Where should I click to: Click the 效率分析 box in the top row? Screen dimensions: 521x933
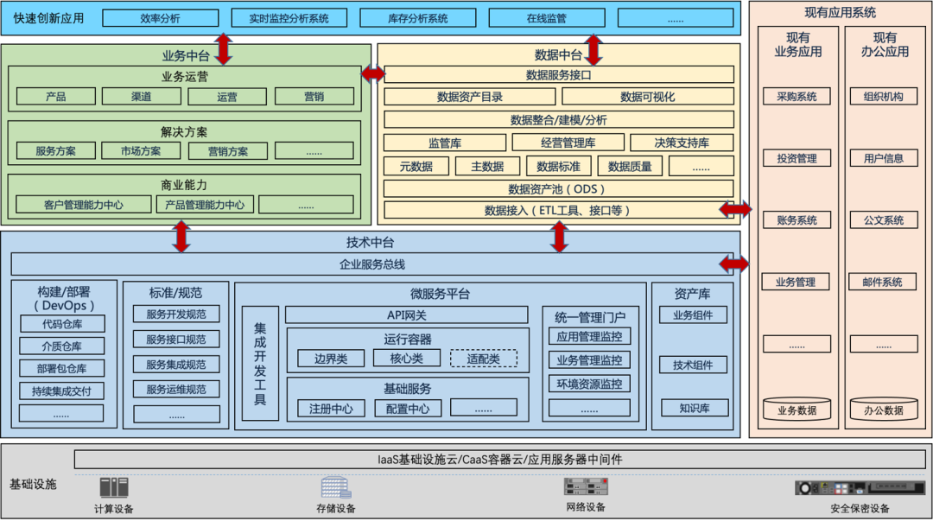(160, 18)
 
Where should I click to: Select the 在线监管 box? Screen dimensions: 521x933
(546, 18)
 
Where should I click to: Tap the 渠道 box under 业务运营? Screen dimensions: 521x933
(142, 97)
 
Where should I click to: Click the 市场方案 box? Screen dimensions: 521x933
(142, 151)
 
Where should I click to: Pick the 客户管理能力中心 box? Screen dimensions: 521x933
(84, 205)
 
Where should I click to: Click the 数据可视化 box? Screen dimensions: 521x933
(647, 97)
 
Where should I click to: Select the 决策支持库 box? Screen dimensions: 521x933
(682, 143)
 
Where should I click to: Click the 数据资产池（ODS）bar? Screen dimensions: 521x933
(558, 188)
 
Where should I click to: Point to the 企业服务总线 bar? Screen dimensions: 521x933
(371, 264)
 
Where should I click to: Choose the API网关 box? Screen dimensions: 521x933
(406, 315)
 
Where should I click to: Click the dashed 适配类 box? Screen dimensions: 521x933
(483, 358)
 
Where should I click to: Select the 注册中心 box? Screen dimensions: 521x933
(331, 408)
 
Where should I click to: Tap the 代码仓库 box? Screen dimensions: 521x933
(61, 324)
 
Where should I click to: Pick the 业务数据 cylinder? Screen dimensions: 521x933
(797, 410)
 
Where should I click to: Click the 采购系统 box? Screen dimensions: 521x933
(797, 97)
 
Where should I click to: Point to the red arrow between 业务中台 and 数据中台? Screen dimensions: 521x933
(373, 74)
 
